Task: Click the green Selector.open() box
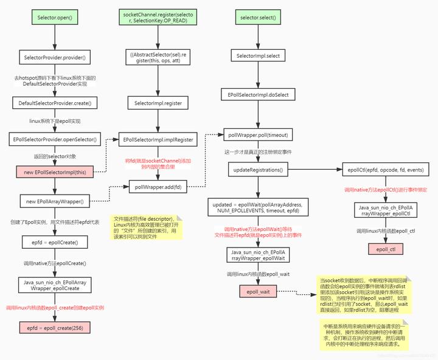click(54, 19)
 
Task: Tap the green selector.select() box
click(257, 19)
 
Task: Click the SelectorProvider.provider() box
click(54, 57)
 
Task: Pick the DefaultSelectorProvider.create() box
click(54, 103)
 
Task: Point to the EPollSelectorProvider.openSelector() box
click(54, 139)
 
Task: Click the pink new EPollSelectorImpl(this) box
click(54, 173)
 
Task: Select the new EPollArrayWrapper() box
click(54, 200)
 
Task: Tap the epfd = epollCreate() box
click(54, 242)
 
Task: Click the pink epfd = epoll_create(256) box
click(54, 328)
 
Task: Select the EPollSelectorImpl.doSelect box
click(257, 95)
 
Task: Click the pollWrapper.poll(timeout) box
click(257, 134)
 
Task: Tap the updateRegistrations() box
click(257, 170)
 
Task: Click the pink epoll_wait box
click(257, 292)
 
